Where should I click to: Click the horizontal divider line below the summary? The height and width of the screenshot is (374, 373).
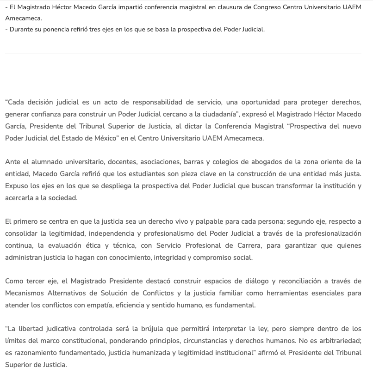(x=183, y=54)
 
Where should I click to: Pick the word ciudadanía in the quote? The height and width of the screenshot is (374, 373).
(x=218, y=114)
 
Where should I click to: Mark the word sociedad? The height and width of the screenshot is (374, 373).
(x=64, y=198)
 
